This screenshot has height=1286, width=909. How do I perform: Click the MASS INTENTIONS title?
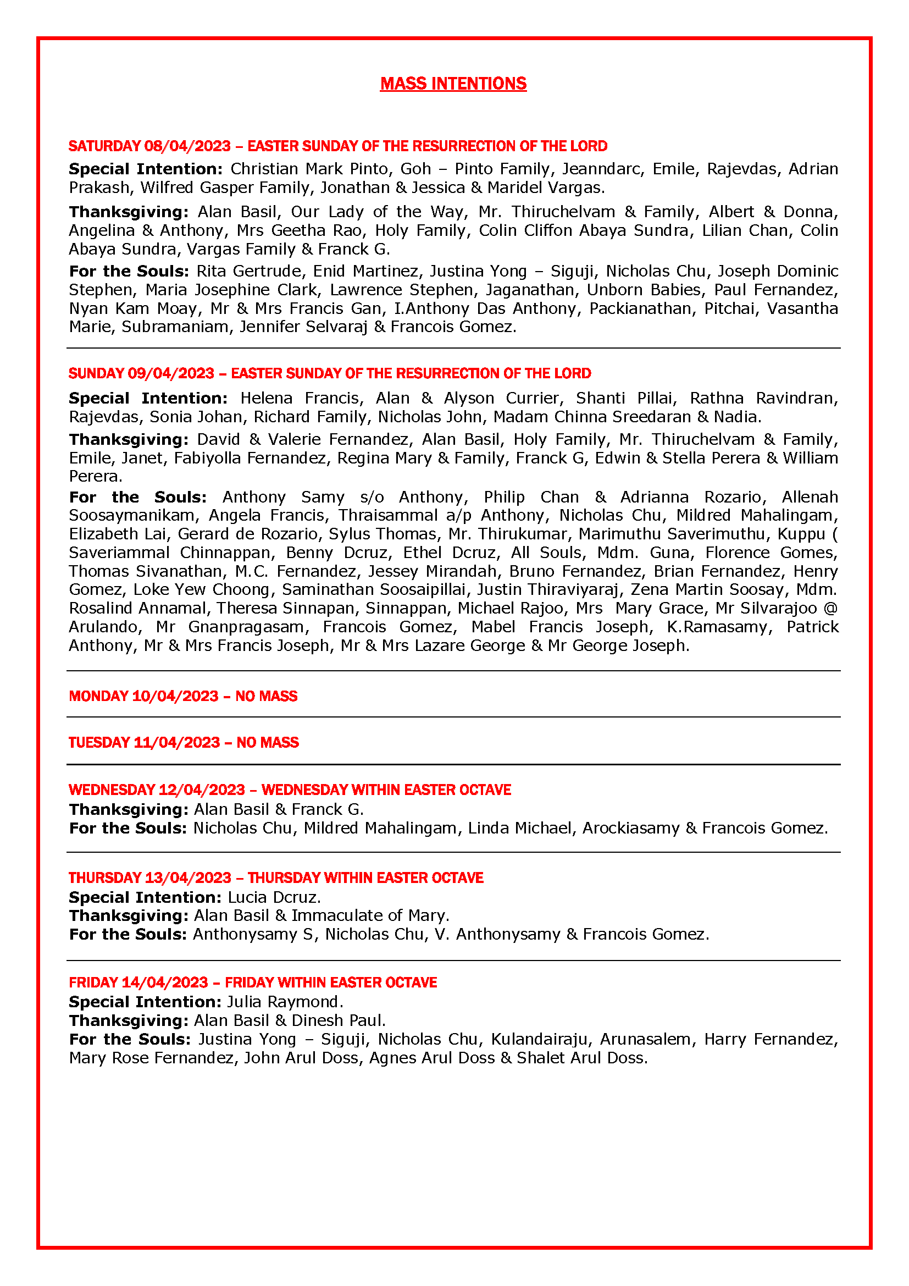pyautogui.click(x=453, y=84)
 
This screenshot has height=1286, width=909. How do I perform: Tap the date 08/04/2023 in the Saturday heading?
pyautogui.click(x=187, y=146)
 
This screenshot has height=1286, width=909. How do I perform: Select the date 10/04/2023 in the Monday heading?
pyautogui.click(x=175, y=696)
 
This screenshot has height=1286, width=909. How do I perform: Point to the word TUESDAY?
pyautogui.click(x=99, y=743)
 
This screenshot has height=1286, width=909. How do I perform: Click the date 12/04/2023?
pyautogui.click(x=202, y=790)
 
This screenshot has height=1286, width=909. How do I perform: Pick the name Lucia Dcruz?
pyautogui.click(x=273, y=897)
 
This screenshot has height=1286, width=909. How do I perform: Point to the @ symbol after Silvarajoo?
pyautogui.click(x=830, y=608)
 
